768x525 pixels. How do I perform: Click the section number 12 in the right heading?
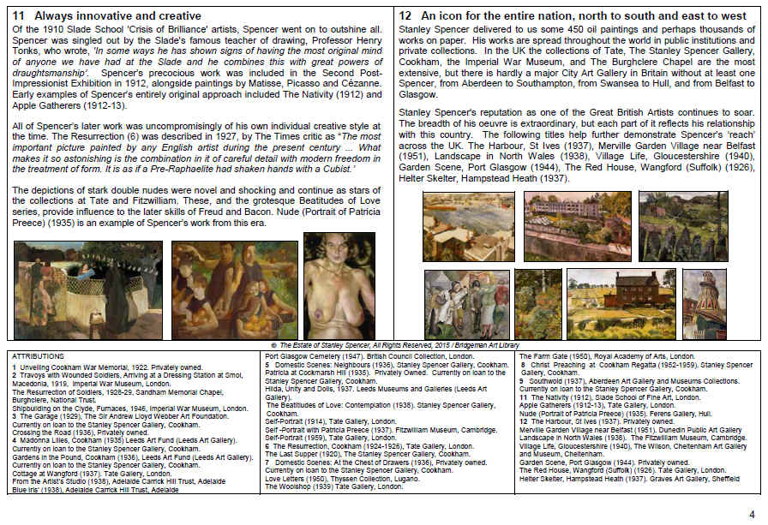(405, 15)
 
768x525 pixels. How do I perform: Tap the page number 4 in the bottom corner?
(751, 513)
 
